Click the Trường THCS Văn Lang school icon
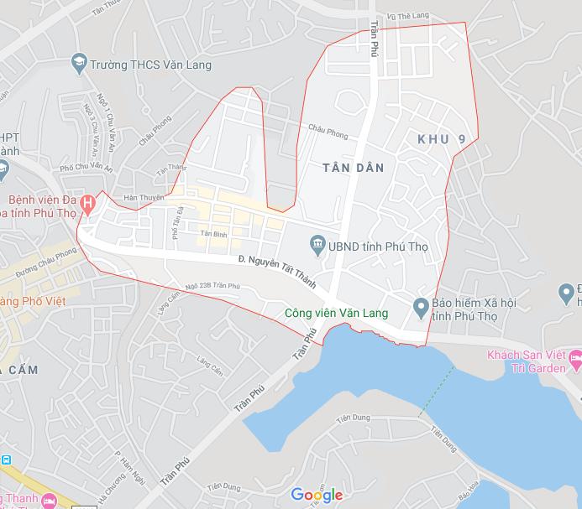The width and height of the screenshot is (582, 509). coord(78,64)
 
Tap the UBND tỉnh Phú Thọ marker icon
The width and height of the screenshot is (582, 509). coord(317,246)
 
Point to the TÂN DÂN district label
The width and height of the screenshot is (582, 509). coord(353,168)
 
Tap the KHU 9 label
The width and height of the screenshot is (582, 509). coord(441,138)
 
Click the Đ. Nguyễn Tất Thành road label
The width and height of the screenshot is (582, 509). coord(277,272)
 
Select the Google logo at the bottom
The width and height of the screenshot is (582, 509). coord(317,496)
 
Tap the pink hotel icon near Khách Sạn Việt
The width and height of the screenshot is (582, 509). coord(575,362)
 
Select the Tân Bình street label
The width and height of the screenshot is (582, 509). coord(215,234)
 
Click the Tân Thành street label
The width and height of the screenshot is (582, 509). coord(171,170)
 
